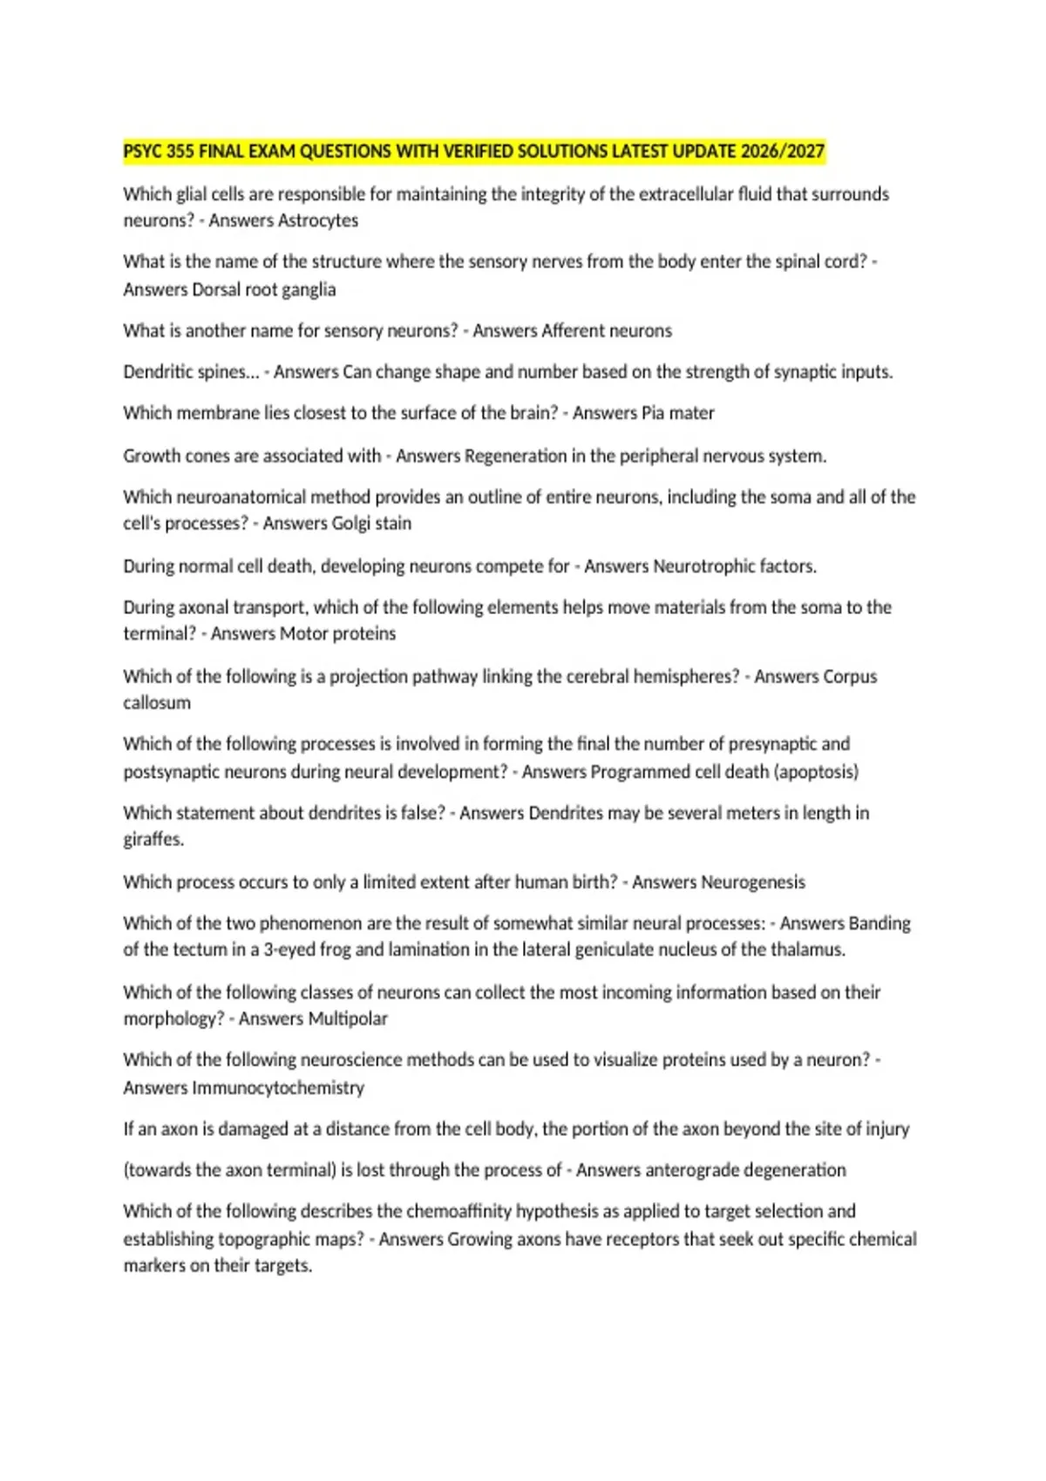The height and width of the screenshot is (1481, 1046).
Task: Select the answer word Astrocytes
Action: tap(319, 220)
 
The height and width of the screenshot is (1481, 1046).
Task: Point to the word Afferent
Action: tap(575, 331)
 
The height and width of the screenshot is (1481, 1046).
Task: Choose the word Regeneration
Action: tap(516, 456)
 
